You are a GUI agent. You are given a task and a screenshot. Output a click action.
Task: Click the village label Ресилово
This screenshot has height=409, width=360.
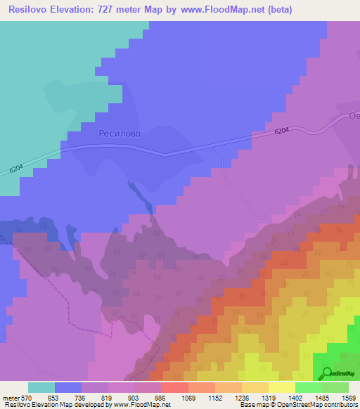pos(120,133)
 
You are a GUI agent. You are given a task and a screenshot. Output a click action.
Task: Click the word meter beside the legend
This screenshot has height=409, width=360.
pos(12,398)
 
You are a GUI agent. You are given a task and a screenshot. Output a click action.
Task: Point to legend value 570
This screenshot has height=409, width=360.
pos(28,398)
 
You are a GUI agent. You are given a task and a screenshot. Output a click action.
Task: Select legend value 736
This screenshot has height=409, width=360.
pos(82,398)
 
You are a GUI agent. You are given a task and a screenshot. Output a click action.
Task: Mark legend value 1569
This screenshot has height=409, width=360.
pos(348,398)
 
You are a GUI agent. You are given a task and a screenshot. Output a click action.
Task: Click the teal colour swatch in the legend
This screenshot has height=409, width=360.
pos(41,387)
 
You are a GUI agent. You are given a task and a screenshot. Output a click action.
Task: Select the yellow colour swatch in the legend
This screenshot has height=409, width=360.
pos(282,387)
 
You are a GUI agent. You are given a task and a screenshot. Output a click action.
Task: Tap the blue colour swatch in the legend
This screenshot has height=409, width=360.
pos(68,387)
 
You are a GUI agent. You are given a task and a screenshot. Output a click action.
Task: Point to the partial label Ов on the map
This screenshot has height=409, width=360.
pos(354,117)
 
